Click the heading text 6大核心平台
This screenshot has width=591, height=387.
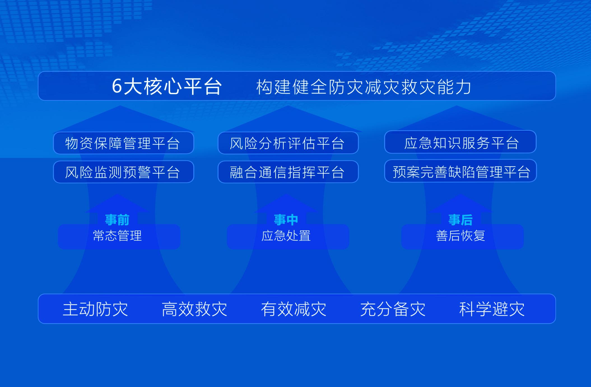coord(167,86)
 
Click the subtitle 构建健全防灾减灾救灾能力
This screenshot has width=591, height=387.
coord(364,87)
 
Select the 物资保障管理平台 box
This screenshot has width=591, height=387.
coord(123,143)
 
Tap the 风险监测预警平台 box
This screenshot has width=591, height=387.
coord(123,172)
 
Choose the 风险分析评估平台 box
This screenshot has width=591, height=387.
coord(288,143)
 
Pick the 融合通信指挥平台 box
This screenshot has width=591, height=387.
coord(288,172)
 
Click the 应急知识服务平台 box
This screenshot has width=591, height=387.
coord(460,142)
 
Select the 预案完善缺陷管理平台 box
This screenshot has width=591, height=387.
coord(460,171)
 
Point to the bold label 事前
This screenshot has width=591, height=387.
coord(117,220)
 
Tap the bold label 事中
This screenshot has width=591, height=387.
coord(286,220)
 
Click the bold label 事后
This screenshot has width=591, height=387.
coord(460,220)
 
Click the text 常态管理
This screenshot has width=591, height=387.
coord(117,236)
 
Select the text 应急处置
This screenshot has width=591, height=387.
coord(286,236)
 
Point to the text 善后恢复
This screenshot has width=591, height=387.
coord(460,236)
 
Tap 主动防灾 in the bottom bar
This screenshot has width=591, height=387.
coord(95,309)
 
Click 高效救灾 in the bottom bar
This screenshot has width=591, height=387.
coord(194,309)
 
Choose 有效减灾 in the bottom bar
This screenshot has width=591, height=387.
coord(294,309)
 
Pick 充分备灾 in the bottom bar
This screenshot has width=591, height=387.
coord(393,309)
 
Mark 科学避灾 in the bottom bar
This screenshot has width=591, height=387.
coord(492,309)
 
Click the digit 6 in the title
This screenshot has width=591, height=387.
coord(117,86)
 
